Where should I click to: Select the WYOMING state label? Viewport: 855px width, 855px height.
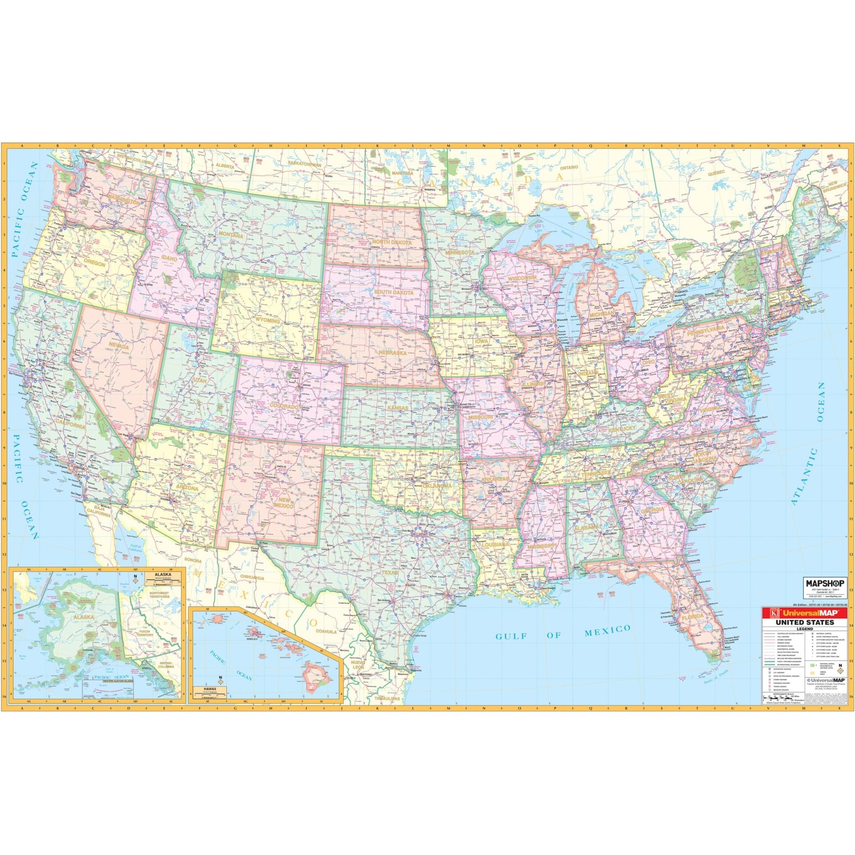pyautogui.click(x=268, y=321)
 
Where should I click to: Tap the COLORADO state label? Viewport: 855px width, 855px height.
pyautogui.click(x=283, y=407)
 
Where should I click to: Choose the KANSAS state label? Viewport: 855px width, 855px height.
pyautogui.click(x=397, y=395)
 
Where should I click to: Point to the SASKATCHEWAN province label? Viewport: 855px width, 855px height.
pyautogui.click(x=305, y=164)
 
